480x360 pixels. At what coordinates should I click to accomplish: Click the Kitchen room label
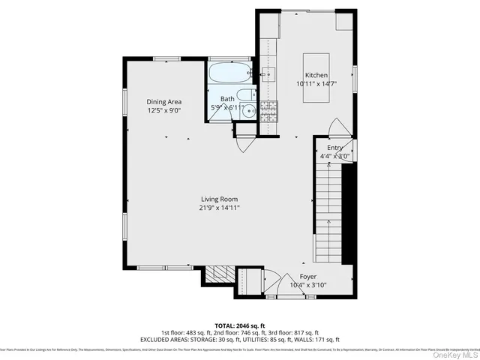(316, 76)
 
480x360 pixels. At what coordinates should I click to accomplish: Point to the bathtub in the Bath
(230, 73)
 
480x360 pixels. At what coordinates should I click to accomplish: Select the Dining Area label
(163, 102)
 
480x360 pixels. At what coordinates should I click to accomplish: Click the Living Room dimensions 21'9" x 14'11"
(219, 208)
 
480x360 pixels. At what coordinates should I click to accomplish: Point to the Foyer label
(308, 276)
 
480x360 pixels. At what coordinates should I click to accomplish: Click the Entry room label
(334, 148)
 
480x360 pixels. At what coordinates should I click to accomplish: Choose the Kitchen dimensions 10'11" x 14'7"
(316, 85)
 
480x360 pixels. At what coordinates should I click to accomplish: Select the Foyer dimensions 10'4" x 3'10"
(308, 285)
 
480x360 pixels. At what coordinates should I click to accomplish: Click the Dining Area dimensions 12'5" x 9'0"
(163, 110)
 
